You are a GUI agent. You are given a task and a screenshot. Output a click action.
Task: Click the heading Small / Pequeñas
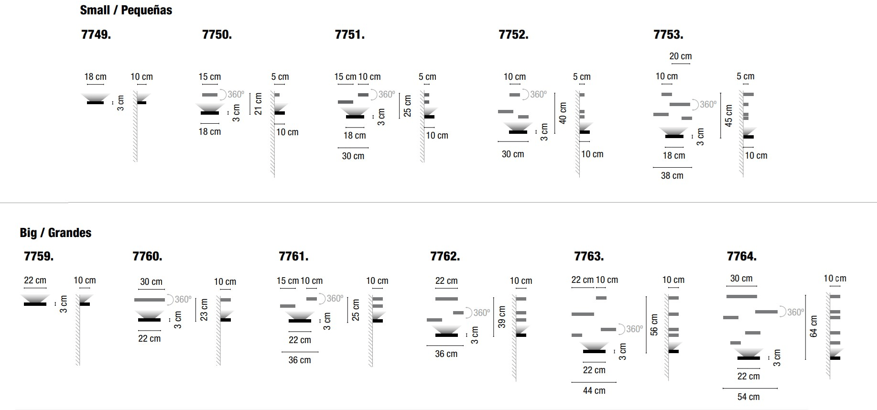(126, 10)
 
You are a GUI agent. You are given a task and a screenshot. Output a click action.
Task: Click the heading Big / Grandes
(55, 233)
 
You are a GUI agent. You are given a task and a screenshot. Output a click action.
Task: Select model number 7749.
(96, 34)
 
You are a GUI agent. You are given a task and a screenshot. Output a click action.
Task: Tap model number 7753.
(668, 34)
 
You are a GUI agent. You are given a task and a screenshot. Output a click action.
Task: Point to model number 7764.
(741, 257)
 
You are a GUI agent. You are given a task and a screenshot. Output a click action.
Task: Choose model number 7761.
(293, 257)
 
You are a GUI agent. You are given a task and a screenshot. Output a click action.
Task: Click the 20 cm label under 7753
(680, 56)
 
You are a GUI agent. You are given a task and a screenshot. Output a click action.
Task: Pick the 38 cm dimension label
(672, 176)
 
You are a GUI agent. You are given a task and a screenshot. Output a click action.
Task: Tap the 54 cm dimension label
(748, 397)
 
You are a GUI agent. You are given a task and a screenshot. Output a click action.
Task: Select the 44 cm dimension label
(594, 391)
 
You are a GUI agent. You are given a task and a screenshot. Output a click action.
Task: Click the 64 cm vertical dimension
(814, 326)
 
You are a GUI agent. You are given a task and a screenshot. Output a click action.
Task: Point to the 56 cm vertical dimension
(654, 324)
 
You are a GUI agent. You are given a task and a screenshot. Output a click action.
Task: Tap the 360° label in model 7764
(795, 313)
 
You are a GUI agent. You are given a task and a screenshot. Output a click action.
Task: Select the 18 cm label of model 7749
(96, 77)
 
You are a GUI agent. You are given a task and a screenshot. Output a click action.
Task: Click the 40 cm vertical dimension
(563, 113)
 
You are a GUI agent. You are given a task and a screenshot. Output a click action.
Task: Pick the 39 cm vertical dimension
(502, 317)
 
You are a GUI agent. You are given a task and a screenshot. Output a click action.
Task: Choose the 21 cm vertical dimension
(259, 104)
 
